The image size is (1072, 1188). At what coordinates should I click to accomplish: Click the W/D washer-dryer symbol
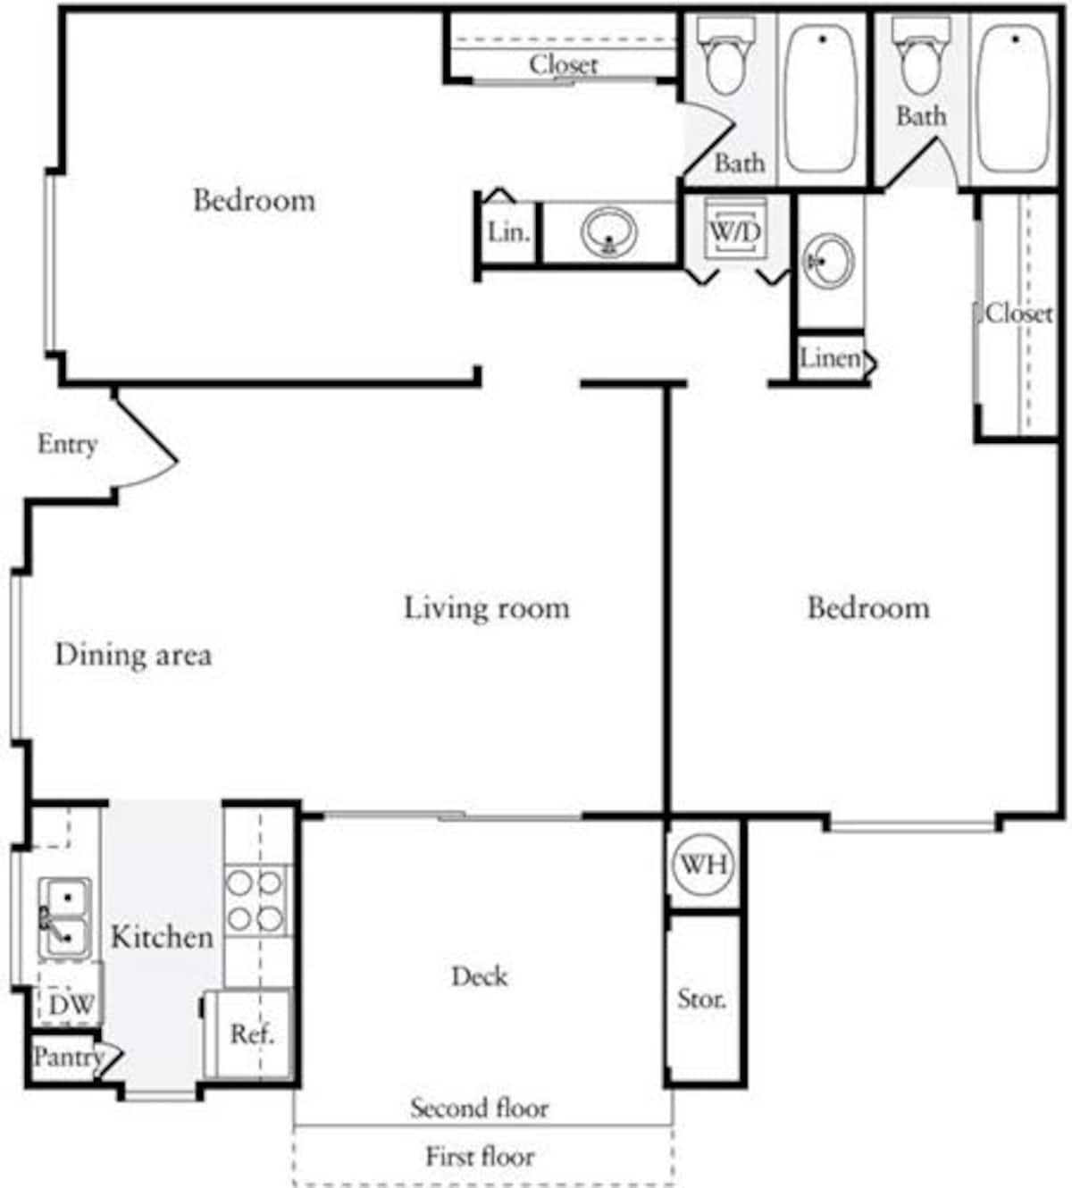tap(734, 230)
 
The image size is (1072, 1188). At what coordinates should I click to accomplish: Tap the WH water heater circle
tap(702, 864)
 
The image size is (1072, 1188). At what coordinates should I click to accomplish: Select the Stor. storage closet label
tap(701, 998)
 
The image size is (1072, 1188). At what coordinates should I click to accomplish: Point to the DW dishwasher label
tap(70, 1003)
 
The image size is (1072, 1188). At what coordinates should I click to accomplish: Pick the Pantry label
tap(66, 1057)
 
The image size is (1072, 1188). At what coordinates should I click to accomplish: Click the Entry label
tap(67, 444)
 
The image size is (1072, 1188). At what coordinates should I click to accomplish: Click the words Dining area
tap(133, 655)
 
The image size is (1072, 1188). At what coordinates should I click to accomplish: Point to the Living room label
tap(487, 608)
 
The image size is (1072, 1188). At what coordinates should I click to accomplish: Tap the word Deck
tap(480, 975)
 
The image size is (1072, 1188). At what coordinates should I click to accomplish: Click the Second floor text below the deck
tap(480, 1108)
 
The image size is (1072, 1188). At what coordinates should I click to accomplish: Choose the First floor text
tap(480, 1156)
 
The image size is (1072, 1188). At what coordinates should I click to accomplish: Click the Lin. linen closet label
tap(508, 232)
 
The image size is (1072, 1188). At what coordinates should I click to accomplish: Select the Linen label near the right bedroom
tap(830, 358)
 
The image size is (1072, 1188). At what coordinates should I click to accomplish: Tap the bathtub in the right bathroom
tap(1014, 98)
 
